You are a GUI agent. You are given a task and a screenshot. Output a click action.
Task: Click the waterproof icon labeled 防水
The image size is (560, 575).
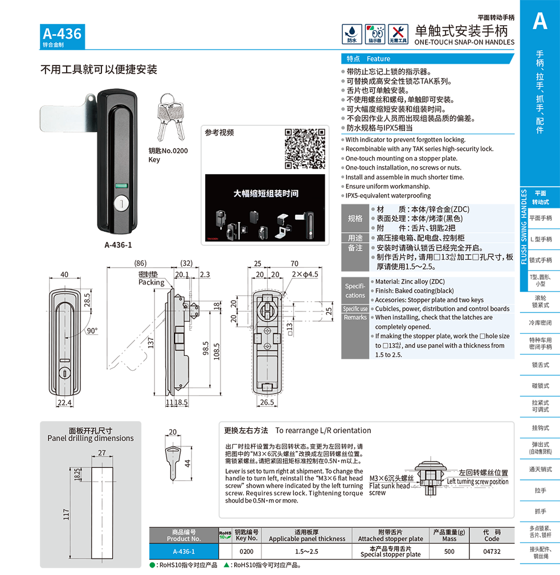point(351,34)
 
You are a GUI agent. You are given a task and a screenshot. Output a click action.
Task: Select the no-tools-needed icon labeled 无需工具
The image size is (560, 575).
point(398,34)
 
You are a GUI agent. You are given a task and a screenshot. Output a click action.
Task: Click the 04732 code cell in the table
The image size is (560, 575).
point(491,551)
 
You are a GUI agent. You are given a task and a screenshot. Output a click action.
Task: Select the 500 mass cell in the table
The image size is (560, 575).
point(449,551)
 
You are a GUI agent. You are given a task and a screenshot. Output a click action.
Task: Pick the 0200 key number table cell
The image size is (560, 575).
point(247,551)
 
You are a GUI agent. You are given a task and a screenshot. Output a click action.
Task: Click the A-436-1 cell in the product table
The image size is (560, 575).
point(183,551)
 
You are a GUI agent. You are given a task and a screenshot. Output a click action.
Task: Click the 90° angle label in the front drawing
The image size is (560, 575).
point(92,331)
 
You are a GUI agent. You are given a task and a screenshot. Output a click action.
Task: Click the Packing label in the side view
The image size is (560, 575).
point(151,282)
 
